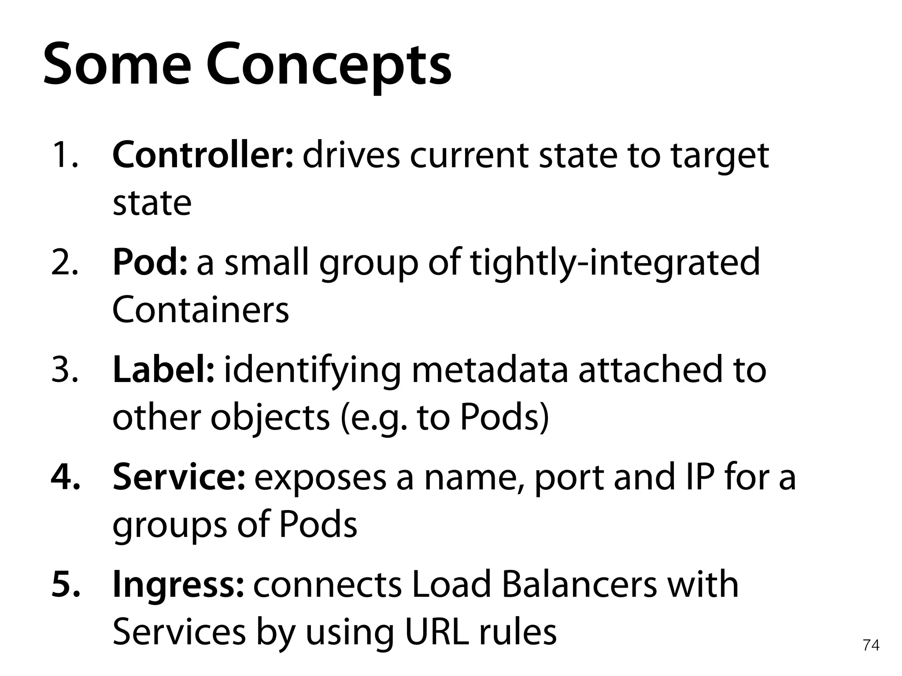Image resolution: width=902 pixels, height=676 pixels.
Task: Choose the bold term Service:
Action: pyautogui.click(x=178, y=477)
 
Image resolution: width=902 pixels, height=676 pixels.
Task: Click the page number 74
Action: pyautogui.click(x=871, y=645)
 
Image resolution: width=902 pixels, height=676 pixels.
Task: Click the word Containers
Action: pyautogui.click(x=201, y=310)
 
